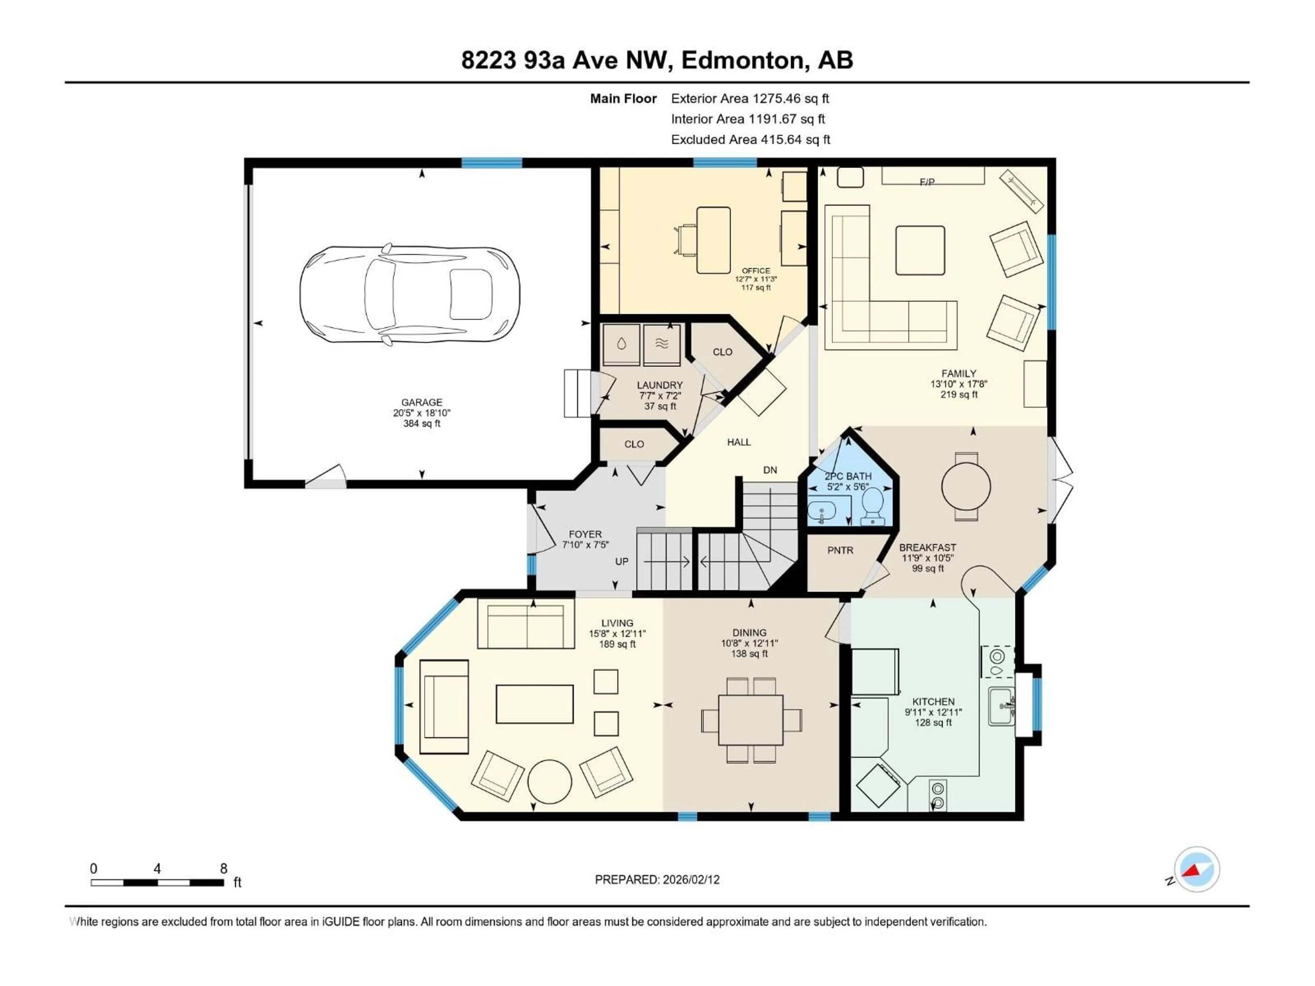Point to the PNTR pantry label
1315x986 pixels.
pos(840,551)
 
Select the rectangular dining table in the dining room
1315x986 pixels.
pos(751,720)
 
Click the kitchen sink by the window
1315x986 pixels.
pos(1002,706)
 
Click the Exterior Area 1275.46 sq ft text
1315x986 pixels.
pos(750,99)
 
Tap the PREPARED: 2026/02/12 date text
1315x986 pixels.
pos(657,880)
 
